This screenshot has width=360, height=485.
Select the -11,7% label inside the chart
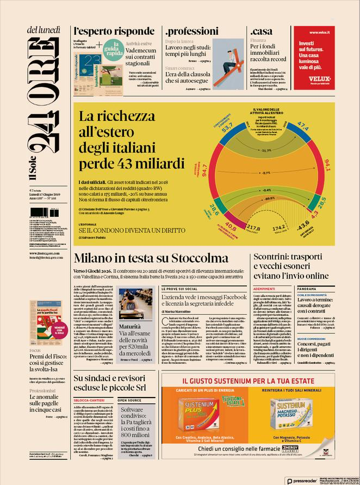(x=266, y=150)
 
